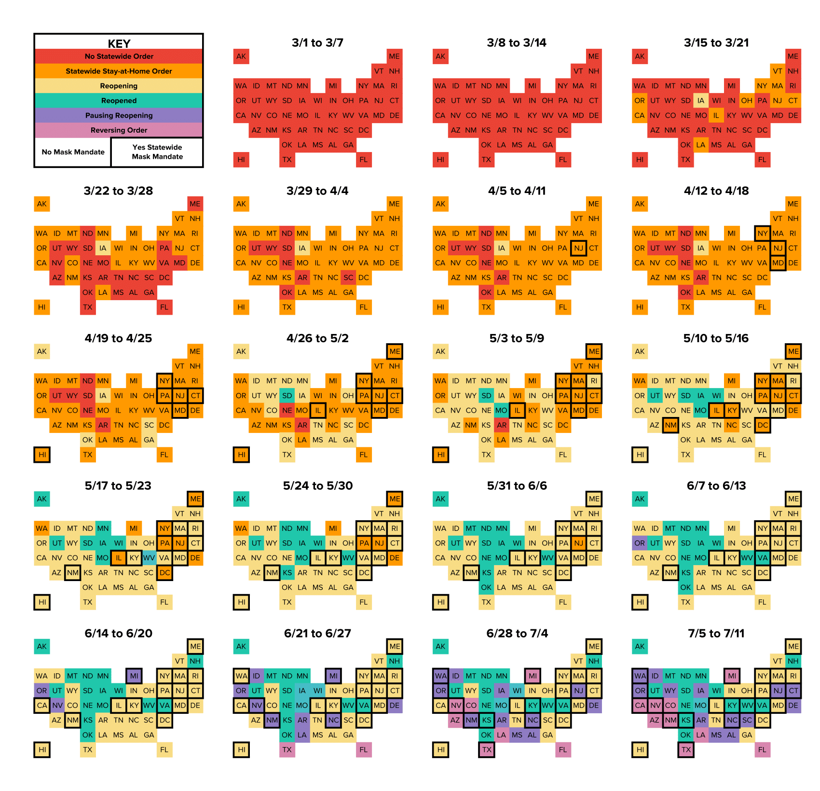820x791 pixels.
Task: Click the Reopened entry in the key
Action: (119, 100)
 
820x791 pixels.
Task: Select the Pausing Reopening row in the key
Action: (119, 115)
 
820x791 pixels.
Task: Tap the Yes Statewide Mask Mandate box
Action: (157, 152)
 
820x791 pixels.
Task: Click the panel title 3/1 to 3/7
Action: (317, 42)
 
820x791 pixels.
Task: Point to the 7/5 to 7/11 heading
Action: (716, 633)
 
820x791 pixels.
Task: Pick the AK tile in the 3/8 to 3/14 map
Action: (440, 56)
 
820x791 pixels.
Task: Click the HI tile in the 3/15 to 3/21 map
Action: (640, 159)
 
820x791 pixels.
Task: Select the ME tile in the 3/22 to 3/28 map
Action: (195, 204)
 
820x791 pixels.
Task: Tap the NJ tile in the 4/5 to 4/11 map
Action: (578, 248)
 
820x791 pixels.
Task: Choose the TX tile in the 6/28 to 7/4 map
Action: (486, 749)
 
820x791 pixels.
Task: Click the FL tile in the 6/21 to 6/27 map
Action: (364, 749)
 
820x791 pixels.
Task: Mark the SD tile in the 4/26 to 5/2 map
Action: (287, 396)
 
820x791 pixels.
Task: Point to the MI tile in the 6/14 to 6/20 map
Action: (134, 676)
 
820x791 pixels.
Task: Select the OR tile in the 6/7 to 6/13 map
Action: (640, 543)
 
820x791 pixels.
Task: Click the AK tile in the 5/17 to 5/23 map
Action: (42, 499)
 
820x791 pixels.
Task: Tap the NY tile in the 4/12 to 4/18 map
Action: (762, 233)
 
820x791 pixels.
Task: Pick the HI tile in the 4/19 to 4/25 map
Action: (42, 455)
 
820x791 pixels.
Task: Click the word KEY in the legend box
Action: (119, 43)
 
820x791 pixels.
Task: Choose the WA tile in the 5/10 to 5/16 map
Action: (640, 381)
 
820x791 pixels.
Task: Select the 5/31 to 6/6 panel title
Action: (517, 486)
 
